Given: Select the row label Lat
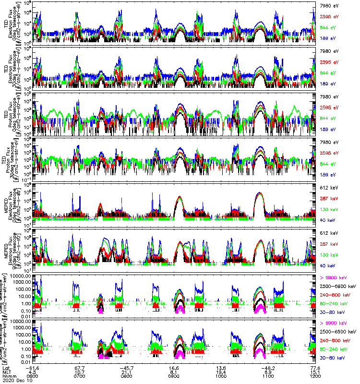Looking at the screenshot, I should click(x=12, y=366).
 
